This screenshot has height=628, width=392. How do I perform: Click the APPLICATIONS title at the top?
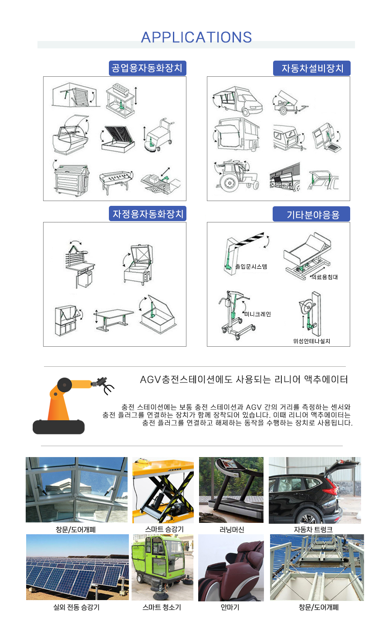click(x=196, y=38)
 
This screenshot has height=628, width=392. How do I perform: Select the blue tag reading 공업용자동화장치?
click(x=147, y=68)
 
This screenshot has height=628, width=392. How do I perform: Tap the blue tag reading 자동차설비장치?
click(x=312, y=68)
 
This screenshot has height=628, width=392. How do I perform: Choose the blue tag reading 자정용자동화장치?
click(x=148, y=214)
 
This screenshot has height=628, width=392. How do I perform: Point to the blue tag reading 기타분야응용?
click(x=312, y=215)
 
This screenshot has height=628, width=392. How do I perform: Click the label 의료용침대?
click(x=324, y=277)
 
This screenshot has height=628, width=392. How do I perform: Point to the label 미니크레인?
click(x=257, y=314)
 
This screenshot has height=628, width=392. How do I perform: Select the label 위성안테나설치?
click(x=311, y=341)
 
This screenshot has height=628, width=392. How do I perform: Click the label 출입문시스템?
click(x=251, y=266)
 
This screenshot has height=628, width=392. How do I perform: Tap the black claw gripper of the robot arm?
click(x=107, y=385)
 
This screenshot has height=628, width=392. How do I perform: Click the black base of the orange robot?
click(x=58, y=427)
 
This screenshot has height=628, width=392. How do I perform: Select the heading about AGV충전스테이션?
click(x=244, y=379)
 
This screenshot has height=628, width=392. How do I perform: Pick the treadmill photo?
click(x=231, y=490)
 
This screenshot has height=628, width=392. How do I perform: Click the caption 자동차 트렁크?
click(x=313, y=529)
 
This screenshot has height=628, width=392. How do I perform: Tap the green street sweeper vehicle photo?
click(x=162, y=567)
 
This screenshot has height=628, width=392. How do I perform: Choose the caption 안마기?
click(x=230, y=607)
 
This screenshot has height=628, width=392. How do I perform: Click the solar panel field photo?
click(x=77, y=567)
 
